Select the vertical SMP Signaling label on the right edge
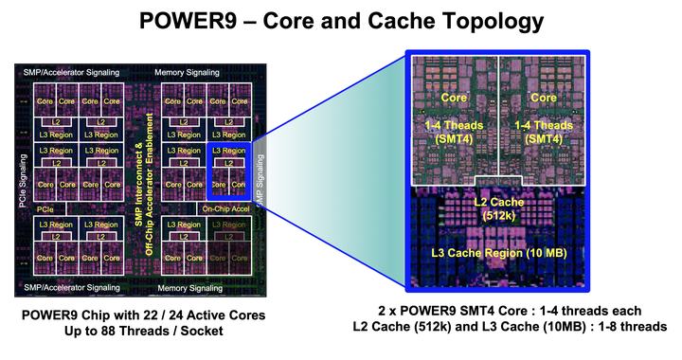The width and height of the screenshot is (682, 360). click(x=263, y=177)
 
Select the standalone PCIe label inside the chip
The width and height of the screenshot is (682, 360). click(x=45, y=207)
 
